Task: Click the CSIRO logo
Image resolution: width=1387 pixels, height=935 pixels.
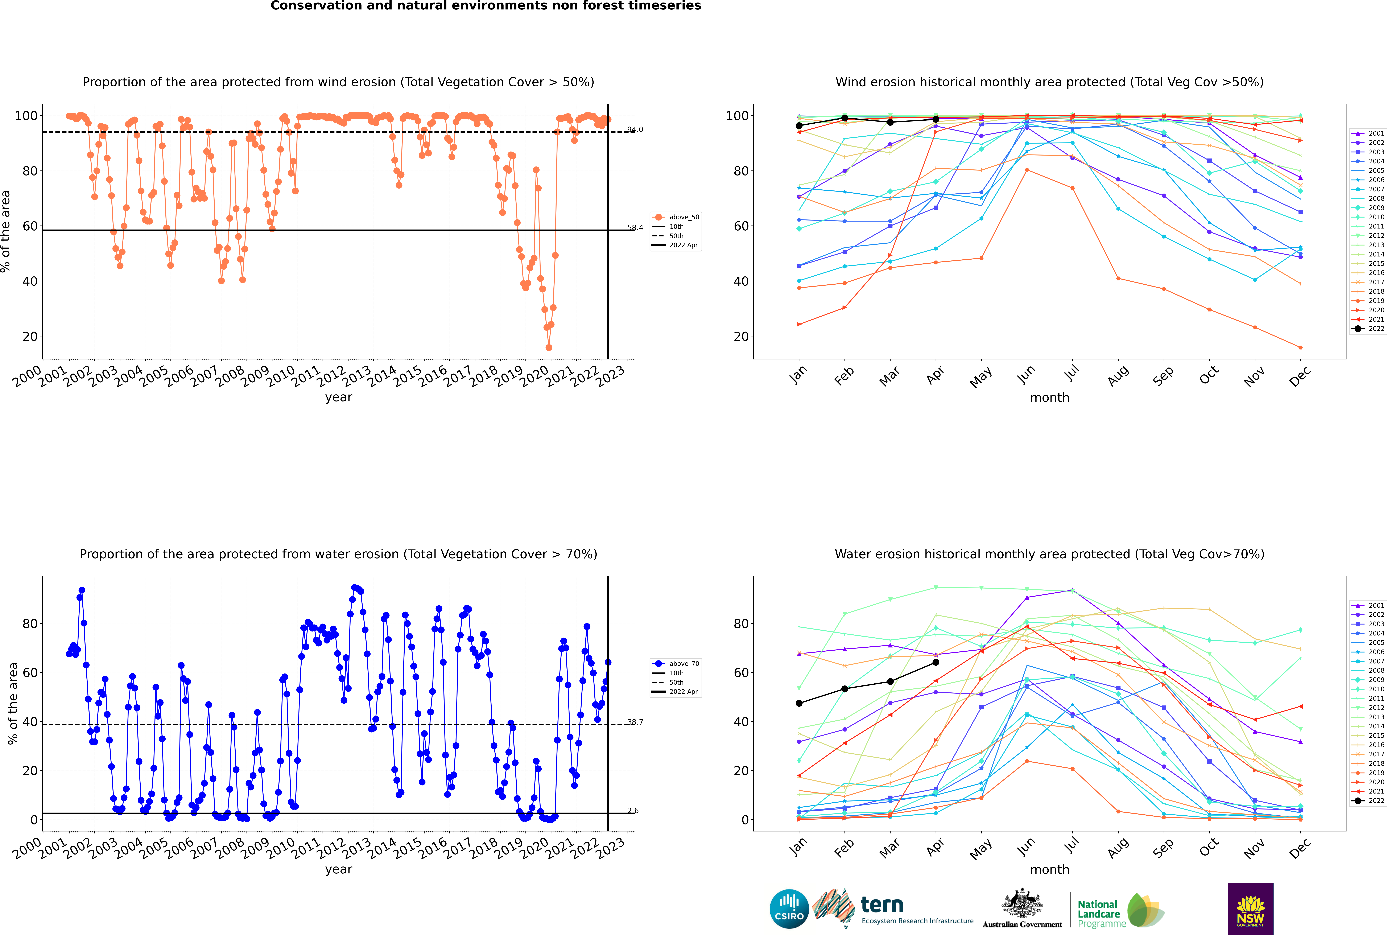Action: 789,909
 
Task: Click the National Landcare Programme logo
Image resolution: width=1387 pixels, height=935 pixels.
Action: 1120,911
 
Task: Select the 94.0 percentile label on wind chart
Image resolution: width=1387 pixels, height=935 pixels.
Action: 635,129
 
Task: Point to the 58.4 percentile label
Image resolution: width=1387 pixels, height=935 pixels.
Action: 635,228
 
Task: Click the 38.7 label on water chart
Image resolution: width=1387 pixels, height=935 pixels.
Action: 635,722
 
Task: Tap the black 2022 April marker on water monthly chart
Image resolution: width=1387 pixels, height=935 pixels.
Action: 936,663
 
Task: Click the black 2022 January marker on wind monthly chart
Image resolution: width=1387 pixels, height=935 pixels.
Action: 799,126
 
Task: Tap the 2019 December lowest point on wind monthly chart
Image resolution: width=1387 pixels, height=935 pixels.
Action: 1301,348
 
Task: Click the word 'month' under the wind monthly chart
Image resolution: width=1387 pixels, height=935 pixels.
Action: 1049,398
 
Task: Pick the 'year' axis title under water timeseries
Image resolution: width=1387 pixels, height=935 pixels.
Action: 339,869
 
